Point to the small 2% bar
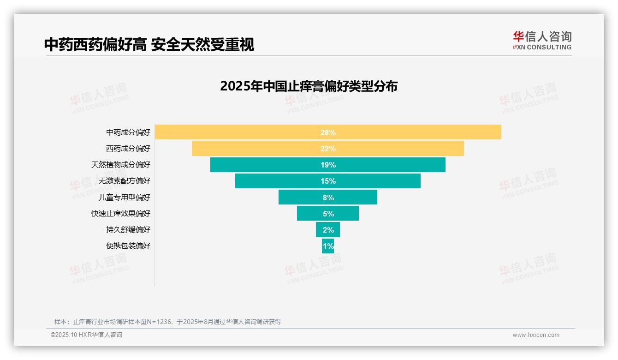click(328, 229)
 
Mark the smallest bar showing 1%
click(328, 246)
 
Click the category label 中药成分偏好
click(128, 132)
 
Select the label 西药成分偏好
click(128, 149)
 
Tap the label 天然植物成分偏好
click(121, 165)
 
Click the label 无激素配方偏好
click(125, 181)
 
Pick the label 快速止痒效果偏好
click(121, 213)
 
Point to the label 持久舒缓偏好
click(128, 229)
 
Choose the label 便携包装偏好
click(128, 246)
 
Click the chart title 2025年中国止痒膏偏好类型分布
click(309, 86)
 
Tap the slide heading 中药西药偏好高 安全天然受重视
click(149, 44)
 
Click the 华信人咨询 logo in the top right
click(542, 40)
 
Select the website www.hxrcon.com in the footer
click(536, 335)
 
